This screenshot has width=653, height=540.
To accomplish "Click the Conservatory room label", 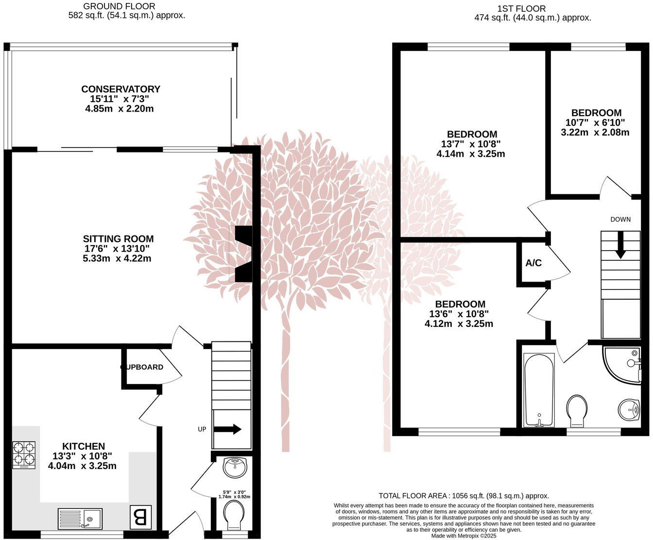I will (x=120, y=89).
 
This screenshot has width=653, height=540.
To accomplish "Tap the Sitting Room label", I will (x=118, y=239).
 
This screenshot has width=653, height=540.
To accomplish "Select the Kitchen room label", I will (x=83, y=446).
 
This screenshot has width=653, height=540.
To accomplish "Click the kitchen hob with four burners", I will (x=24, y=454).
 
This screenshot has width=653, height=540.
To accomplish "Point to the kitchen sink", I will (x=80, y=518).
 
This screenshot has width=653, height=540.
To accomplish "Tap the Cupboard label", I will (x=142, y=367).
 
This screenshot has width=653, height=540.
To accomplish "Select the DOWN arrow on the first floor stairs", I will (x=620, y=247).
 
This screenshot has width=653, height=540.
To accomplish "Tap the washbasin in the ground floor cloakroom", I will (x=235, y=467).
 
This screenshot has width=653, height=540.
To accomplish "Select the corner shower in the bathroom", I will (x=624, y=365).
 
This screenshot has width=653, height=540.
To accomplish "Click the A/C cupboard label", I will (x=533, y=263).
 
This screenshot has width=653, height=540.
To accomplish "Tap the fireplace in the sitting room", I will (x=243, y=254).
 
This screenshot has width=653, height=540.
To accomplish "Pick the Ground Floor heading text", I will (x=119, y=6).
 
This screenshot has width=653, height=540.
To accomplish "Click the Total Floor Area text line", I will (x=464, y=496).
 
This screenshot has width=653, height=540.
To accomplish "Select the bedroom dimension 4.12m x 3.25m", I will (x=459, y=324).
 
